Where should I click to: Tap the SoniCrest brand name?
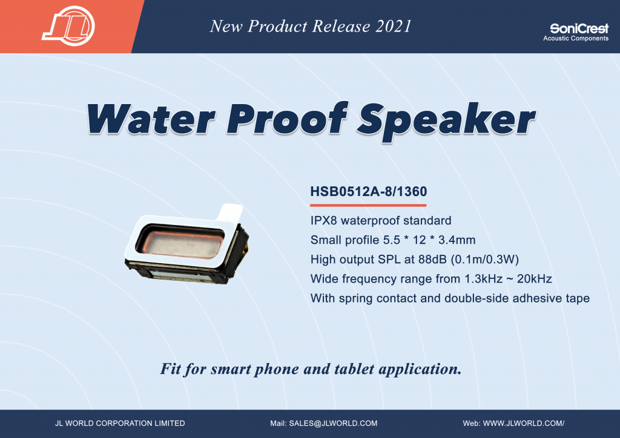coord(579,28)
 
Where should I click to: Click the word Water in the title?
coord(151,119)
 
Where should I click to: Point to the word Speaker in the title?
coord(446,121)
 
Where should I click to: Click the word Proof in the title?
coord(287,118)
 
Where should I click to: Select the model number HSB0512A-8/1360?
coord(369,192)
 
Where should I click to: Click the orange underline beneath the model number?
coord(368,205)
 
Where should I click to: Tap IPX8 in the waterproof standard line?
coord(323,220)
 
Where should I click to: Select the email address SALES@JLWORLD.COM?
coord(334,423)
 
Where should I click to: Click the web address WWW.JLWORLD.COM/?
coord(524,423)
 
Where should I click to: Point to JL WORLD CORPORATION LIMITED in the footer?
coord(120,423)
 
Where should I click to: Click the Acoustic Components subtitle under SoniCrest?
coord(576,38)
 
